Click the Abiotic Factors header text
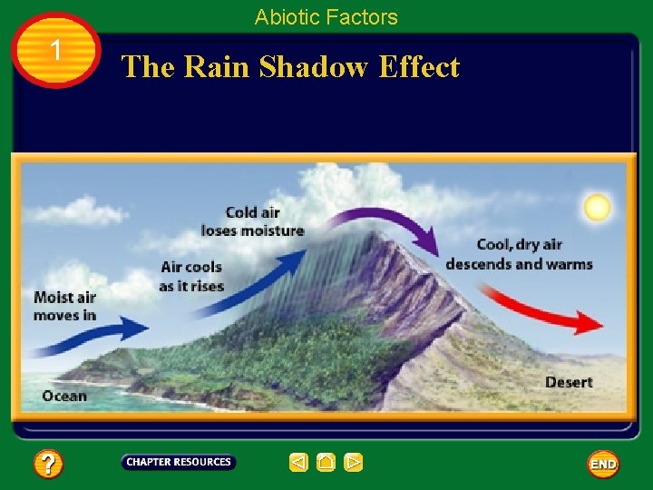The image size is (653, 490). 326,17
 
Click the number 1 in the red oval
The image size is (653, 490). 56,51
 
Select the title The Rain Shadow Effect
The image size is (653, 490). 290,67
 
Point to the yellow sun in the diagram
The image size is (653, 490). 597,208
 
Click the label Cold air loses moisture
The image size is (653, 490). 252,221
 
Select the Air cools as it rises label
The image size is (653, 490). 190,277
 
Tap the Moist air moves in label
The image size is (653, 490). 64,306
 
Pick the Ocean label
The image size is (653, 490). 64,396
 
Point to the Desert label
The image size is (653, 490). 569,382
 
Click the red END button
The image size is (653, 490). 603,464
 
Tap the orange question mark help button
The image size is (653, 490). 49,465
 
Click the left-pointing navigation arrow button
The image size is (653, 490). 298,463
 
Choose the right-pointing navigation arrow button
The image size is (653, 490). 354,463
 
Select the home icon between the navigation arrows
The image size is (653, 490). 326,463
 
